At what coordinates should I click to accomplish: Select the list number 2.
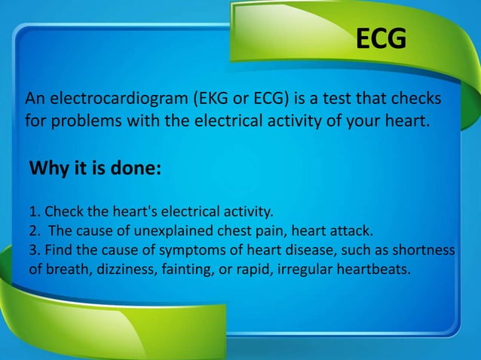[32, 230]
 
